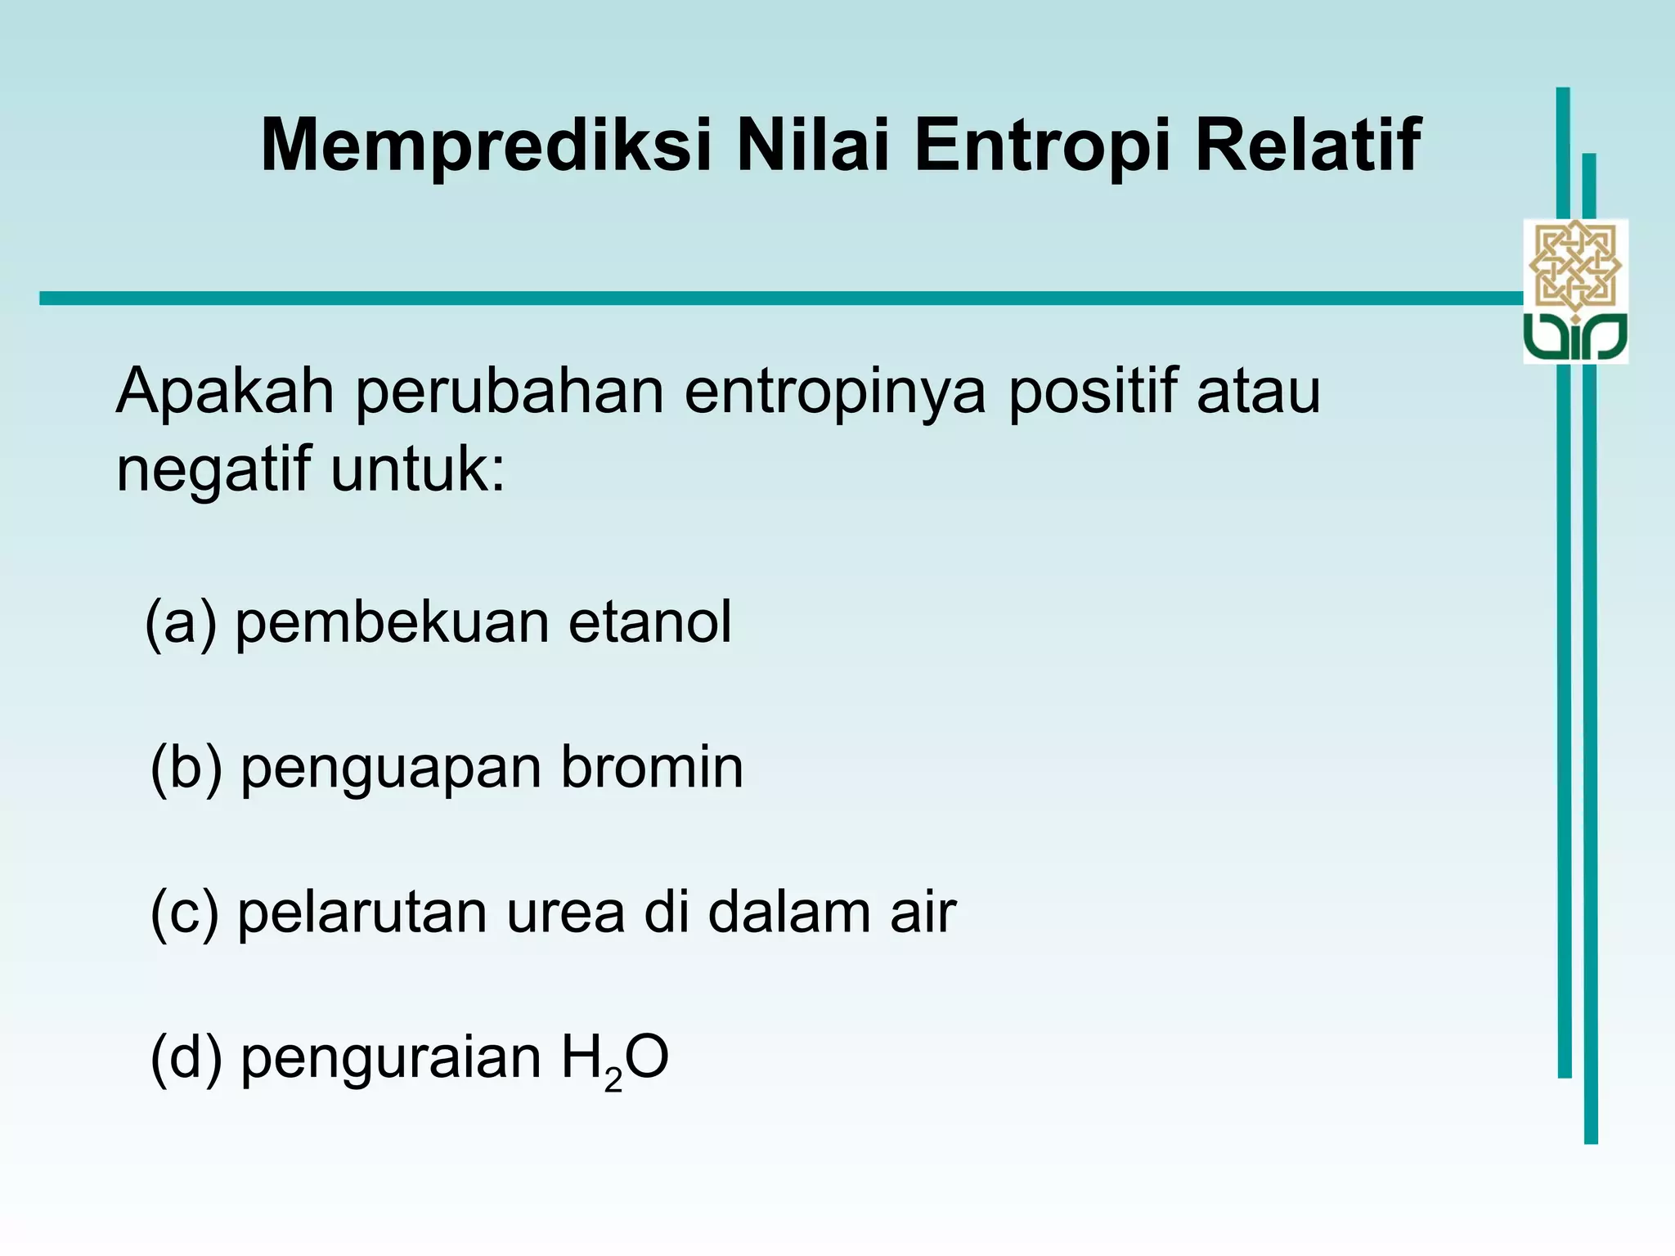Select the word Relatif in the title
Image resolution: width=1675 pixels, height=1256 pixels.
pyautogui.click(x=1307, y=146)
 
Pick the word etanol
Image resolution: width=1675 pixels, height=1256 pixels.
pyautogui.click(x=649, y=621)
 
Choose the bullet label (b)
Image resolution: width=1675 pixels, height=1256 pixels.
pyautogui.click(x=186, y=769)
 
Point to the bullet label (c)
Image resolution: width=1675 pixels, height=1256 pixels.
pyautogui.click(x=185, y=913)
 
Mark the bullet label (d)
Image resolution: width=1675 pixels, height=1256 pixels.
pyautogui.click(x=186, y=1058)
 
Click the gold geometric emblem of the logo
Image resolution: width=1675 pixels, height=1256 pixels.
pyautogui.click(x=1575, y=266)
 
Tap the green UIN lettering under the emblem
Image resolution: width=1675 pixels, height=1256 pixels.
pyautogui.click(x=1575, y=336)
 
